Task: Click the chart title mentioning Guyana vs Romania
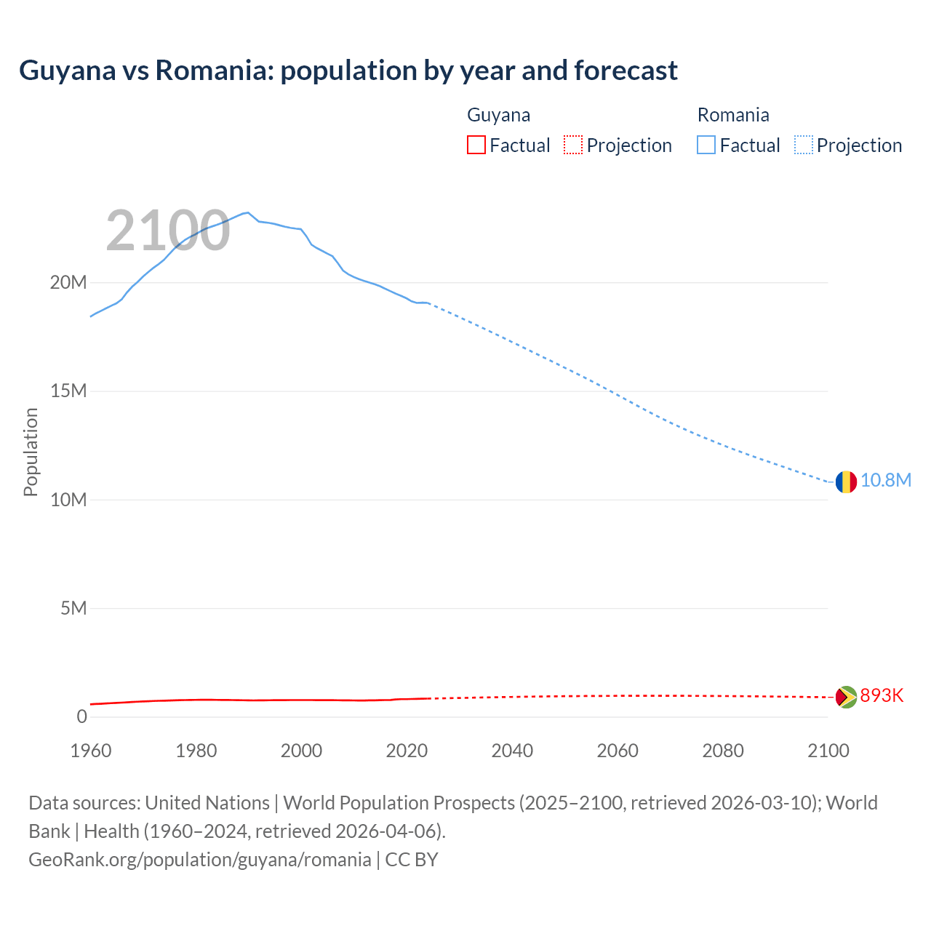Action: (348, 71)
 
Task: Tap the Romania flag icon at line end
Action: (846, 482)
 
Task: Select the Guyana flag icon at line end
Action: (846, 697)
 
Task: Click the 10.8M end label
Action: (886, 481)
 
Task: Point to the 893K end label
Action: (882, 696)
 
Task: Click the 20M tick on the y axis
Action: (68, 283)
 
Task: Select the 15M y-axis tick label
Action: (68, 391)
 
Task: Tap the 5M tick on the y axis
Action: (73, 608)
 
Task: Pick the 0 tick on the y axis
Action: (81, 717)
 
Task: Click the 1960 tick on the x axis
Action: (91, 751)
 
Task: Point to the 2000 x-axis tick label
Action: (301, 751)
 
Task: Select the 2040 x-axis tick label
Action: (512, 751)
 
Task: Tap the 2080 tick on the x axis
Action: (723, 751)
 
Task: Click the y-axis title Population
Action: (31, 452)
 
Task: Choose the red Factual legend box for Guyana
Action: (476, 145)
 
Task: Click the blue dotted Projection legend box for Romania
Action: (804, 145)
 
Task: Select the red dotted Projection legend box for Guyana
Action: (573, 145)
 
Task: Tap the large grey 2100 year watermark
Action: (168, 231)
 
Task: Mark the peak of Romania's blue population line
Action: (248, 212)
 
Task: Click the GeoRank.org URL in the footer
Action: (200, 860)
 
